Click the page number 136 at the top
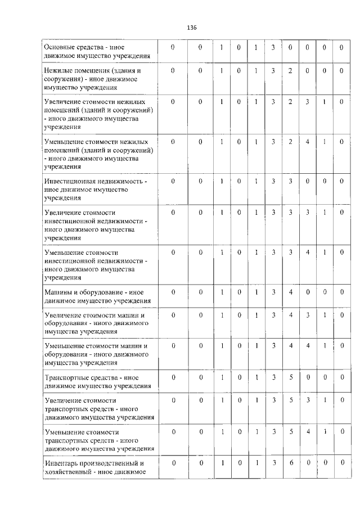[x=191, y=26]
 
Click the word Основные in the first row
[x=59, y=47]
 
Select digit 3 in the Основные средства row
[x=272, y=47]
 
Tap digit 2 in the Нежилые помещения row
[x=290, y=70]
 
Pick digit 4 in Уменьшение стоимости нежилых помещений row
[x=307, y=141]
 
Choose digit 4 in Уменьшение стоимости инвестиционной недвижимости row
[x=307, y=252]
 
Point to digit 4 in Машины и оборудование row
[x=290, y=292]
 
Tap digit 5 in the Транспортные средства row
[x=290, y=377]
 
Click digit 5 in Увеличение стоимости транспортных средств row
[x=290, y=400]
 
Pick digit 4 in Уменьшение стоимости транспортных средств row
[x=307, y=431]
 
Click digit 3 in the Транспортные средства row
[x=272, y=377]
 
